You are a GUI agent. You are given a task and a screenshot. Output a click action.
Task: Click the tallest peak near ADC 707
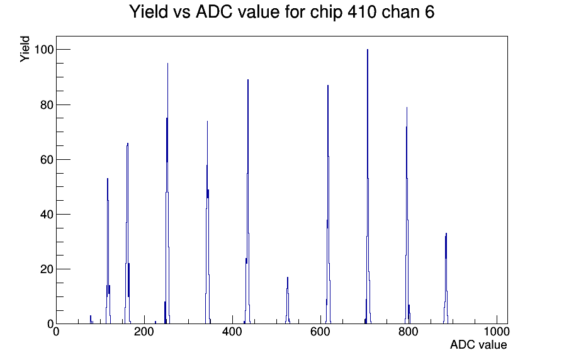tap(368, 49)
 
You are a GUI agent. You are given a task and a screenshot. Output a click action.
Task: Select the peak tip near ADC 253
tap(167, 64)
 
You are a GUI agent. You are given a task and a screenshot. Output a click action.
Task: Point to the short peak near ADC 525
tap(288, 278)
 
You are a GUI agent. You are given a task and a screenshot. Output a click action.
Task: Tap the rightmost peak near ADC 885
tap(446, 233)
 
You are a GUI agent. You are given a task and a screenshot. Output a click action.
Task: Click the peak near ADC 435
tap(248, 79)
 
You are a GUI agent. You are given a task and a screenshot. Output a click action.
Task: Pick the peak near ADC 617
tap(328, 85)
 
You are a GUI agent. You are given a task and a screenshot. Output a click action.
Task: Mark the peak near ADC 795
tap(407, 107)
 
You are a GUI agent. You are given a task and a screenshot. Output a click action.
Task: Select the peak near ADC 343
tap(207, 121)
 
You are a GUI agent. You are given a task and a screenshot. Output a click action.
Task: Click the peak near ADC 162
tap(128, 143)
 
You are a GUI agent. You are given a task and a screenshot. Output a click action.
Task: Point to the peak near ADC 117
tap(108, 178)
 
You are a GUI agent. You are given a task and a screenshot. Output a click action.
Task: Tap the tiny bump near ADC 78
tap(91, 316)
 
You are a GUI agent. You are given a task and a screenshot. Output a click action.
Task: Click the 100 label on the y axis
tap(43, 49)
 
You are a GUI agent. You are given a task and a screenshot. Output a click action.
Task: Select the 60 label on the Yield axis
tap(47, 159)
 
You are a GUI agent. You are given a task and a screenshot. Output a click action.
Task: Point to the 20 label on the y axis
tap(47, 269)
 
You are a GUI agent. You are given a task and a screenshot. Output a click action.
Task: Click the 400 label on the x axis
tap(232, 332)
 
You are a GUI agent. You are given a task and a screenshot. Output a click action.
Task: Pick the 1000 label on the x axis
tap(497, 332)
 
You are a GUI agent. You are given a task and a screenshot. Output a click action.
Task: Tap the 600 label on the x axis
tap(320, 332)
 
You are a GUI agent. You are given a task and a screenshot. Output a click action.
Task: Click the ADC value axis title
tap(478, 345)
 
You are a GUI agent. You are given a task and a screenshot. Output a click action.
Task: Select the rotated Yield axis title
tap(25, 49)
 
